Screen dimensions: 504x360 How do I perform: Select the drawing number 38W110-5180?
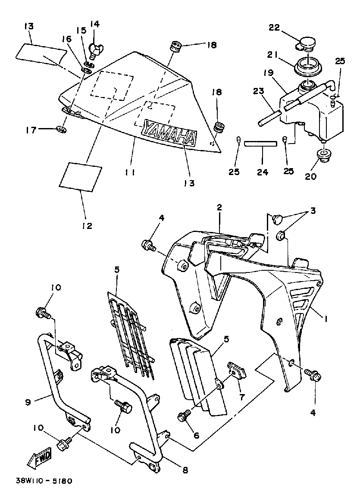pyautogui.click(x=42, y=480)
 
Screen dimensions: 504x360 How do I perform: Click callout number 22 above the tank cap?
pyautogui.click(x=274, y=28)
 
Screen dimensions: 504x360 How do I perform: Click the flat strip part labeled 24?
pyautogui.click(x=260, y=144)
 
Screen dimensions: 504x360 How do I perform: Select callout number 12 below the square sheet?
pyautogui.click(x=87, y=225)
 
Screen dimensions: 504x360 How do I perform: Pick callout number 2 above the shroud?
pyautogui.click(x=219, y=207)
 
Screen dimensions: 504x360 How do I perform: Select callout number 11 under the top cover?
pyautogui.click(x=130, y=172)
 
